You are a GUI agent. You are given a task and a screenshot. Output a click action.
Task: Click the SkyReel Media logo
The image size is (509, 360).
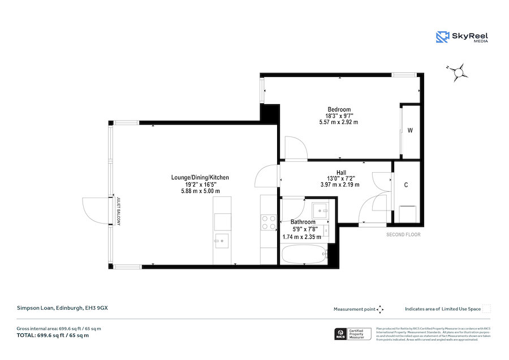pos(461,37)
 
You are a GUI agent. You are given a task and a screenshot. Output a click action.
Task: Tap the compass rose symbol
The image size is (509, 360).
pos(460,71)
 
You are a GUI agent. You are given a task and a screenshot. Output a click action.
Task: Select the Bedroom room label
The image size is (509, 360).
pos(339,109)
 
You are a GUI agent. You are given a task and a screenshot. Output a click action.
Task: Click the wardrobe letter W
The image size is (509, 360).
pos(410,131)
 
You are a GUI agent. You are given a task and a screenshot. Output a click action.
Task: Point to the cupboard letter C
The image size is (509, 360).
pos(406,185)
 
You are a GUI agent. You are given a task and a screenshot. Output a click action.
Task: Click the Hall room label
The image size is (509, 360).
pos(340,173)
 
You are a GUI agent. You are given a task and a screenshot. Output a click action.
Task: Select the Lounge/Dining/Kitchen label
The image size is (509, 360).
pos(200,177)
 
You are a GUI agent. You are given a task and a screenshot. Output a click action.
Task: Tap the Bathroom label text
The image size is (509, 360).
pos(303,222)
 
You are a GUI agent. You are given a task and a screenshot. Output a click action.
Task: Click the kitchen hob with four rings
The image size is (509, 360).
pos(268,221)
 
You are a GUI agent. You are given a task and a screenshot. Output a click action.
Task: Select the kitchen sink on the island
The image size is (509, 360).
pos(222,241)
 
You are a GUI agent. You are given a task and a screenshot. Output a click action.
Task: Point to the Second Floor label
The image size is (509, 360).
pos(403,234)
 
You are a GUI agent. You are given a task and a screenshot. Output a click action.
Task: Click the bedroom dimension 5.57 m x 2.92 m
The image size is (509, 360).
pos(339,122)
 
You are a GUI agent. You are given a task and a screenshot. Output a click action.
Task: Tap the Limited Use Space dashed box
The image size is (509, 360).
pos(486,308)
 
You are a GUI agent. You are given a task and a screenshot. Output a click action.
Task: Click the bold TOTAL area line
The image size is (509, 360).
pos(53,335)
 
